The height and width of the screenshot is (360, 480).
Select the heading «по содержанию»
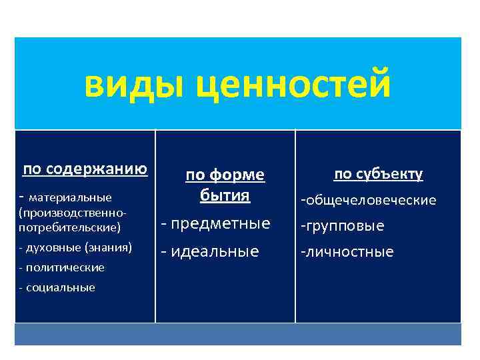coord(85,169)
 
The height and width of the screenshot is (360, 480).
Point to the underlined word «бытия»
coord(225,195)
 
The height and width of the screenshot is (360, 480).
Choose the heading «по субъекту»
coord(378,174)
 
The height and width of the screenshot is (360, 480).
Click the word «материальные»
coord(71,197)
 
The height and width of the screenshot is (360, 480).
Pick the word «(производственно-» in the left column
coord(73,214)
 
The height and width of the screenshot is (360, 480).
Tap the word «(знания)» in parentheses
coord(109,247)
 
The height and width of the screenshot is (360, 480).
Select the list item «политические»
coord(65,267)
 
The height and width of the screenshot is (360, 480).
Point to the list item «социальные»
coord(60,287)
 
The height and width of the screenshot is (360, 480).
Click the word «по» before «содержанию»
coord(31,169)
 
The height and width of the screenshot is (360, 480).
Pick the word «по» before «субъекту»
coord(343,174)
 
